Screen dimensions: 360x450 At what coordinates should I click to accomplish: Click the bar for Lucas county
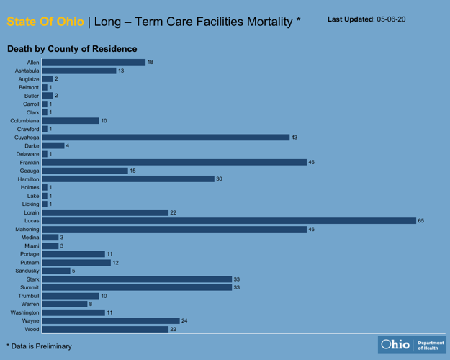229,220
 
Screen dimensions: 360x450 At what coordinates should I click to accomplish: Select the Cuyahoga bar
165,137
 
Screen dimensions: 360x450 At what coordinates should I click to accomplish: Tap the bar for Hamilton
127,179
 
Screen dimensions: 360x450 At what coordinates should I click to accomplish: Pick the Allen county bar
94,63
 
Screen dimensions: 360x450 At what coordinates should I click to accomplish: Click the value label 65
422,220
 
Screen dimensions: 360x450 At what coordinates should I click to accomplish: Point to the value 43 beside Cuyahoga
294,137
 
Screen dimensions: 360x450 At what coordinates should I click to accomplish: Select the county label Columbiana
24,120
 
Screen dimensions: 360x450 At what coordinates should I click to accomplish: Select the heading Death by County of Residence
72,49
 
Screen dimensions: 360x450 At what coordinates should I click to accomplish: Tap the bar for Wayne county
110,320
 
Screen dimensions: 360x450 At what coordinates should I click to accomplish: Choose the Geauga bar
84,171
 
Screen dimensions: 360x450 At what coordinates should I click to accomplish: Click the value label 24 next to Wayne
184,320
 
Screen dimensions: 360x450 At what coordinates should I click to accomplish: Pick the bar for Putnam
76,262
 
